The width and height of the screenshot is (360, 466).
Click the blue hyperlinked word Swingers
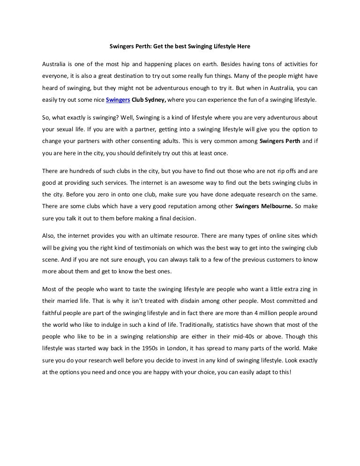tap(118, 99)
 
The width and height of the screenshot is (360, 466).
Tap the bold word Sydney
tap(155, 99)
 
